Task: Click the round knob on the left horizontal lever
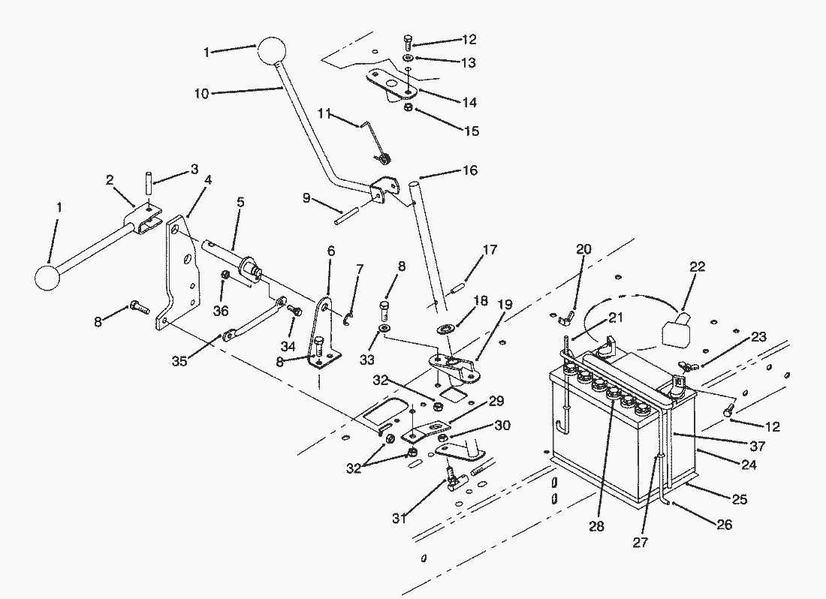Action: coord(47,277)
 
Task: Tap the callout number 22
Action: coord(697,267)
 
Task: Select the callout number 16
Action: coord(470,170)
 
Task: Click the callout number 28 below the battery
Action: coord(596,526)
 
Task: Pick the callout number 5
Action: coord(240,202)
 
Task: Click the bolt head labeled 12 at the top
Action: coord(408,41)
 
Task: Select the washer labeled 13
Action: coord(408,57)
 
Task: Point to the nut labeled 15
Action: coord(408,108)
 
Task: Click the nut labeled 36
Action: coord(225,275)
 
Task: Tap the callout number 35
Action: coord(179,362)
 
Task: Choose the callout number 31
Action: coord(399,519)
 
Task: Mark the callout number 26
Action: coord(725,525)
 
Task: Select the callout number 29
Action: coord(496,401)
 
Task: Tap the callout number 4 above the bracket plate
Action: coord(208,181)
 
